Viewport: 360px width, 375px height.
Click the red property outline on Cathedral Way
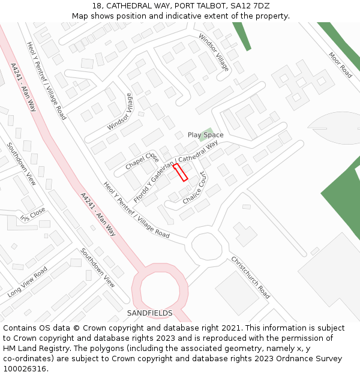[x=181, y=172]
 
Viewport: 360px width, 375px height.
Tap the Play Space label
[x=205, y=135]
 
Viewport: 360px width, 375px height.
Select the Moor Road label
[x=340, y=65]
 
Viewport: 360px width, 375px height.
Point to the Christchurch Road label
[x=250, y=277]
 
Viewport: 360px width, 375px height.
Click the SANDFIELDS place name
[x=149, y=313]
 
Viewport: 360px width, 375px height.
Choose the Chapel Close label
[x=142, y=160]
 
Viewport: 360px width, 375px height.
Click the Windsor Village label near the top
[x=214, y=52]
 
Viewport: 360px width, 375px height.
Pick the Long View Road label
[x=28, y=282]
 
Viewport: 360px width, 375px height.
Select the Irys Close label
[x=32, y=215]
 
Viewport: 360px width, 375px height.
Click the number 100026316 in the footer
[x=25, y=369]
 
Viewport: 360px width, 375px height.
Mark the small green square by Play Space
[x=208, y=131]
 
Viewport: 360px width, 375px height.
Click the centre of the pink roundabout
[x=160, y=292]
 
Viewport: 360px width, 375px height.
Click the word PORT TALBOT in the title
[x=177, y=5]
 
